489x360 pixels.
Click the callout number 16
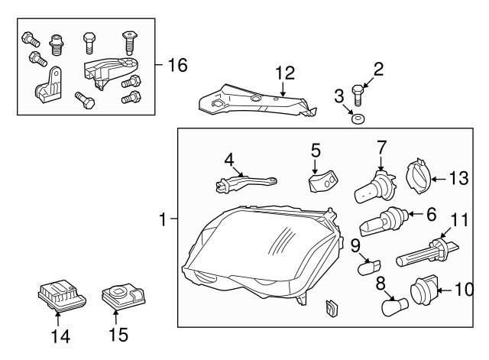click(x=176, y=65)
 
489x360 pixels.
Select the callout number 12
click(x=284, y=73)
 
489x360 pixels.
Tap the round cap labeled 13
click(x=416, y=175)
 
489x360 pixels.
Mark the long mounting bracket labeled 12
click(x=256, y=102)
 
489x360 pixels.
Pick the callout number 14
click(x=59, y=335)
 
